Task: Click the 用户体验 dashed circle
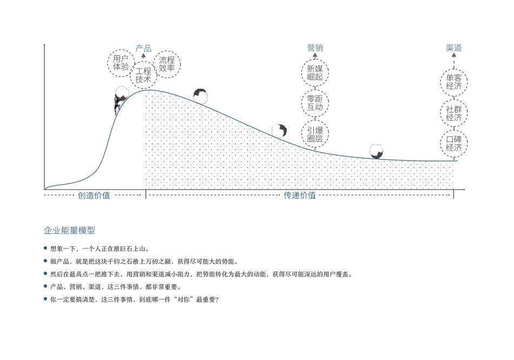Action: pyautogui.click(x=121, y=62)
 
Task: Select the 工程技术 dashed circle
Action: pyautogui.click(x=143, y=75)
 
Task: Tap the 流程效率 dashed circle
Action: pyautogui.click(x=167, y=64)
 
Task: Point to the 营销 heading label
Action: pyautogui.click(x=315, y=48)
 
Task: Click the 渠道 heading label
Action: pyautogui.click(x=453, y=48)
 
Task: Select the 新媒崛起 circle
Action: pyautogui.click(x=315, y=73)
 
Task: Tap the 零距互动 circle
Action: pyautogui.click(x=315, y=103)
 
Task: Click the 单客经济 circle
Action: pyautogui.click(x=453, y=82)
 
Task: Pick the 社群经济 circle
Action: pyautogui.click(x=453, y=113)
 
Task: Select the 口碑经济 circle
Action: pyautogui.click(x=453, y=143)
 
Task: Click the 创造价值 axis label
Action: pyautogui.click(x=94, y=195)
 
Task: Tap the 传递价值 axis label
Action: pyautogui.click(x=300, y=195)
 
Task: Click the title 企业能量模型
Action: pyautogui.click(x=69, y=230)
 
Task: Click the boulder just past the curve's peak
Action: pyautogui.click(x=201, y=96)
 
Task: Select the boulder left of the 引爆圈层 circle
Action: pyautogui.click(x=279, y=130)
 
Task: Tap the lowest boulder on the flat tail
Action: pyautogui.click(x=377, y=151)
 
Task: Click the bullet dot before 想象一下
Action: pyautogui.click(x=45, y=248)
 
